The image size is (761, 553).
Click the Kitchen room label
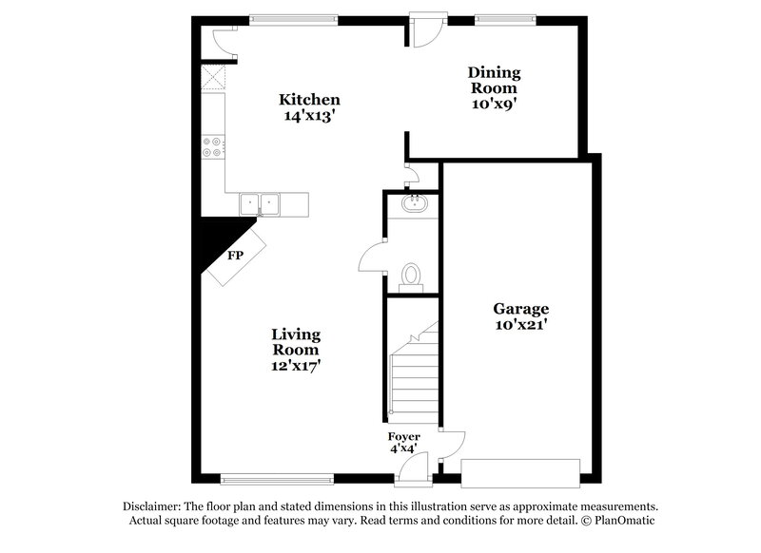point(309,100)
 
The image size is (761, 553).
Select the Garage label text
point(520,309)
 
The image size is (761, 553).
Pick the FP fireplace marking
point(234,256)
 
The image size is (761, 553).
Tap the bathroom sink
point(413,202)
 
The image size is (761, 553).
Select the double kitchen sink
point(259,202)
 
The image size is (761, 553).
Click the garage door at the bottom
point(519,472)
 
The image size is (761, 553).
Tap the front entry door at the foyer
point(413,467)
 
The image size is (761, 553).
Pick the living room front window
point(277,479)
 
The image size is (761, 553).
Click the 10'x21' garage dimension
point(520,326)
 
